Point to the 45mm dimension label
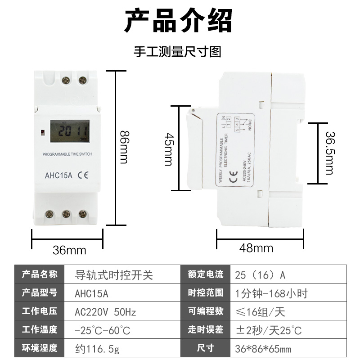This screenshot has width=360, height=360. coord(168,149)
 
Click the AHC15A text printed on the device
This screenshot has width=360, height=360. coord(58,176)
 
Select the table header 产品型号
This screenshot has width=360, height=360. coord(40,293)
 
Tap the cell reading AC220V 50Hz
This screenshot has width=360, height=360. coord(105,311)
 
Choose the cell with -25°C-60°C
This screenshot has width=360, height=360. coord(102,330)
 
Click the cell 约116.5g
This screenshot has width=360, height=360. coord(95,348)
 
